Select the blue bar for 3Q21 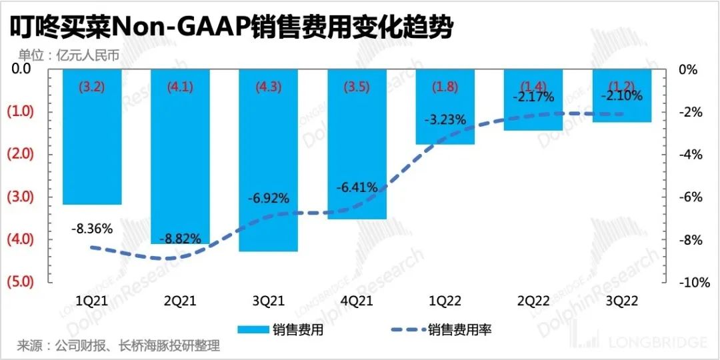click(x=269, y=160)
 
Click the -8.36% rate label click(x=92, y=229)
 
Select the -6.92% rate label click(x=269, y=198)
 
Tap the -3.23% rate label click(x=445, y=121)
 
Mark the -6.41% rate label click(x=357, y=189)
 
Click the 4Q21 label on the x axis click(x=357, y=301)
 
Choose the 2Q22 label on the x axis click(x=533, y=301)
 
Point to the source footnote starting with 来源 click(x=118, y=346)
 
